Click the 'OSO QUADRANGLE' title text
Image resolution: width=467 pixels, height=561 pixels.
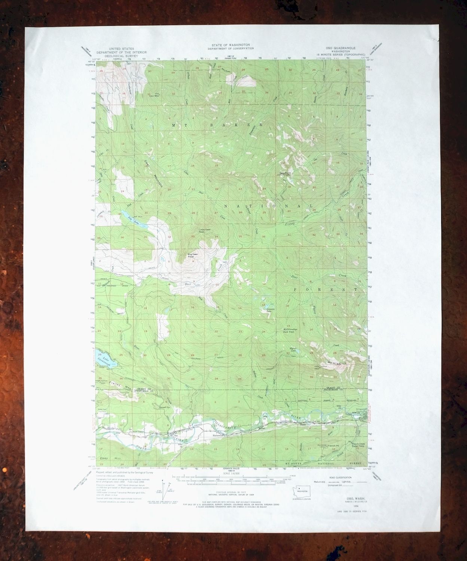[x=340, y=48]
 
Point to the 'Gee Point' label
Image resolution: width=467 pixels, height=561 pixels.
[x=285, y=173]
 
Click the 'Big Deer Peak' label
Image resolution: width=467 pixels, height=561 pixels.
[x=192, y=256]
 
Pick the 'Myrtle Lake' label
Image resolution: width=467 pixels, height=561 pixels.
[x=293, y=350]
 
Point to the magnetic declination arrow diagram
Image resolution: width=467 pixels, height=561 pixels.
[x=164, y=488]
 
